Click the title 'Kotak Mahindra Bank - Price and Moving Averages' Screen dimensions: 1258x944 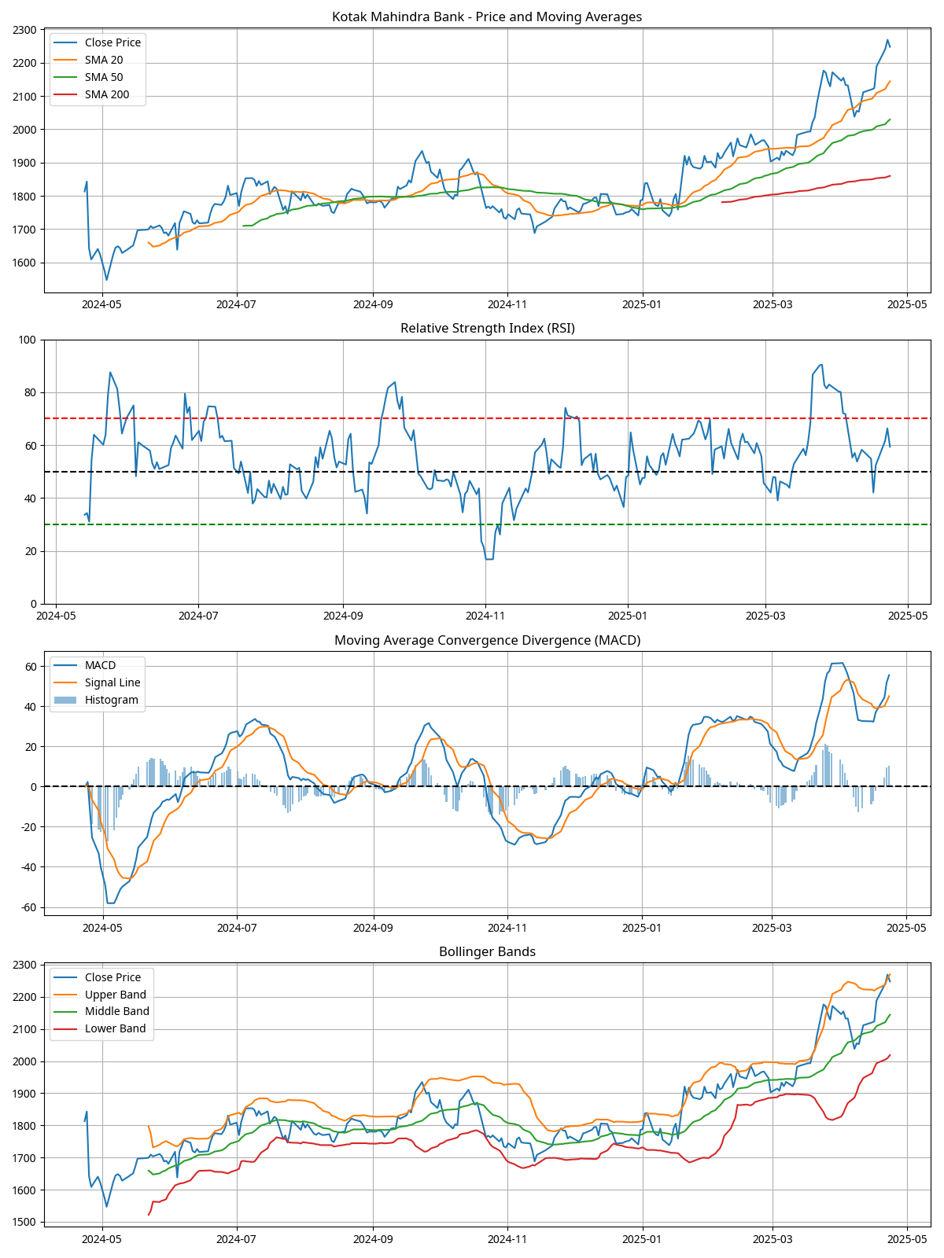487,17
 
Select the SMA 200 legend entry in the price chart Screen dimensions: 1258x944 106,94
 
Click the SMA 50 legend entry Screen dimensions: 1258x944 103,77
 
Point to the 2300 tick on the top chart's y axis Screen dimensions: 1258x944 24,30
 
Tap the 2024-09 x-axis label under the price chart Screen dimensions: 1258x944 372,303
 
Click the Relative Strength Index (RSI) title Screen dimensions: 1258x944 487,328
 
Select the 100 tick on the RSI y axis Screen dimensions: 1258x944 28,340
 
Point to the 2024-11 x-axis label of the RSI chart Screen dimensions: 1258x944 485,615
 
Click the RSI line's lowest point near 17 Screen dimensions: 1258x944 489,559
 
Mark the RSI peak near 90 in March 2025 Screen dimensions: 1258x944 820,365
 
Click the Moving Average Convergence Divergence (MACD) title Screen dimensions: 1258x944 487,640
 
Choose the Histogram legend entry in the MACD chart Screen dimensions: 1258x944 111,700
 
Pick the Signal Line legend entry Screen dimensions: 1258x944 112,682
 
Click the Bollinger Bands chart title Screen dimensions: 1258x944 487,951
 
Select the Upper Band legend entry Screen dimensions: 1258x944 115,995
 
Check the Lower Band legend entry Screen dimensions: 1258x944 115,1028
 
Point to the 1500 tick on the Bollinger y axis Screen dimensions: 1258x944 24,1223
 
